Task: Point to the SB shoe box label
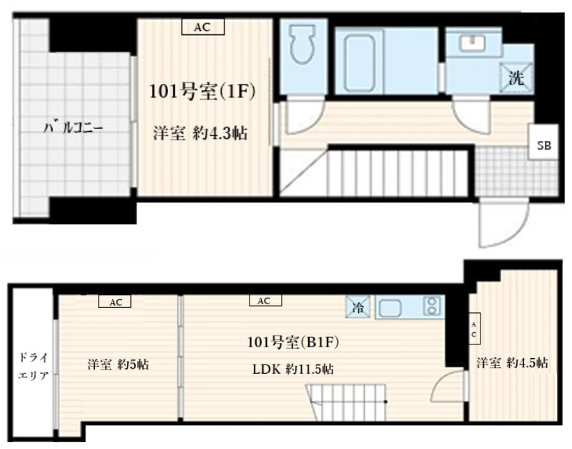click(x=544, y=146)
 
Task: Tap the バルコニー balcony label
click(x=74, y=129)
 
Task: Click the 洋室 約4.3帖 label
click(x=199, y=133)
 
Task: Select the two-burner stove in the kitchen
click(x=431, y=308)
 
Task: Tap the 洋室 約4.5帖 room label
click(x=513, y=363)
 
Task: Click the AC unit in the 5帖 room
click(x=115, y=302)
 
